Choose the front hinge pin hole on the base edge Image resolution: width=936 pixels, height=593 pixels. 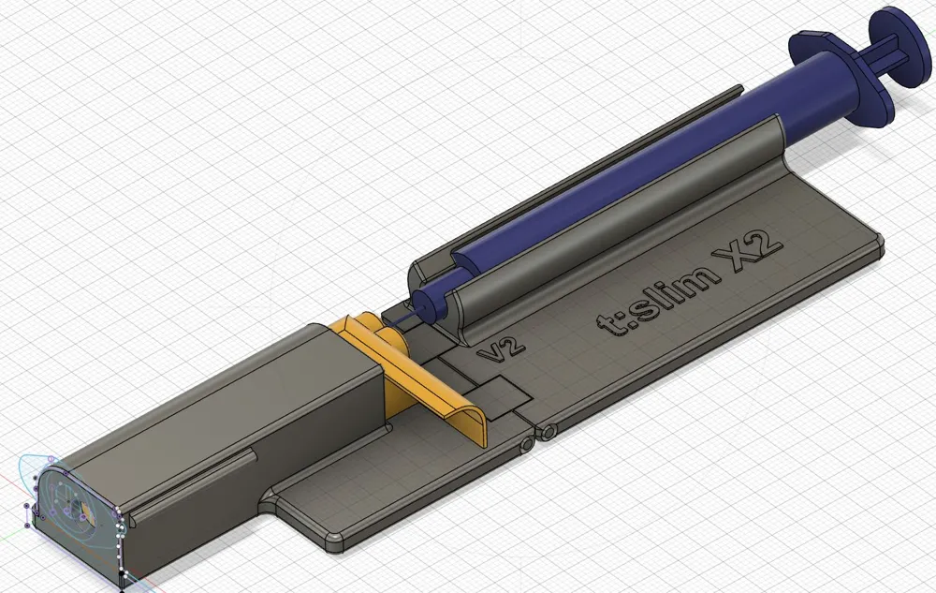pos(526,440)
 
